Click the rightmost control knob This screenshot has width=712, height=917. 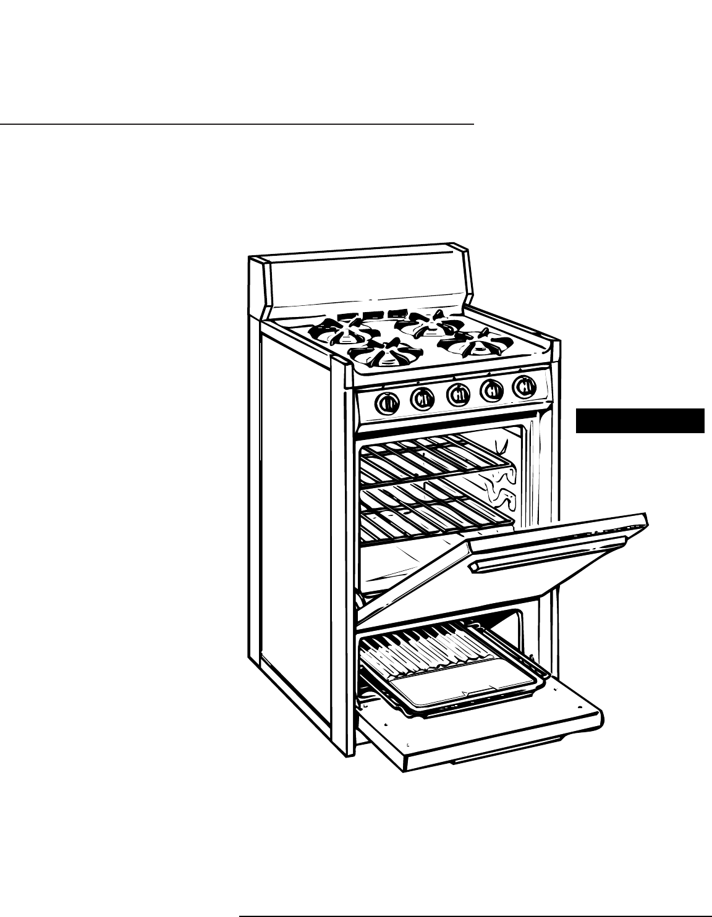tap(524, 387)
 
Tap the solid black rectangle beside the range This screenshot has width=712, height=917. tap(640, 420)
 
